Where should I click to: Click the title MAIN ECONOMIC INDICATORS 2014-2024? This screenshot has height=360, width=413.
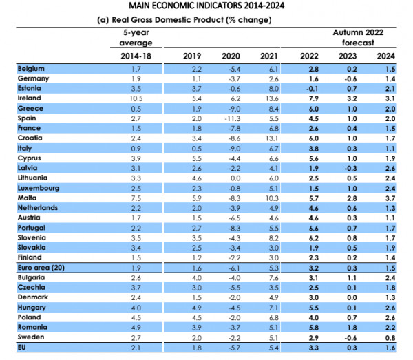tap(206, 6)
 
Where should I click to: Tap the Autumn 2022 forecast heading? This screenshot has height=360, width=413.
tap(358, 38)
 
